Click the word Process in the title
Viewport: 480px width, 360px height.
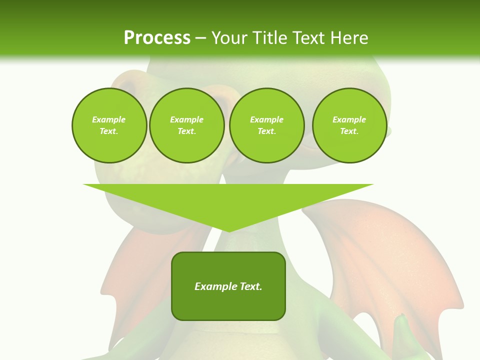tap(157, 38)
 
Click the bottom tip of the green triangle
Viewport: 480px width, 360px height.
tap(229, 230)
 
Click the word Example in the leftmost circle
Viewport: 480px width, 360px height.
tap(108, 119)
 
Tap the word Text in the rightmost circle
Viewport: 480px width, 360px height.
tap(349, 131)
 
